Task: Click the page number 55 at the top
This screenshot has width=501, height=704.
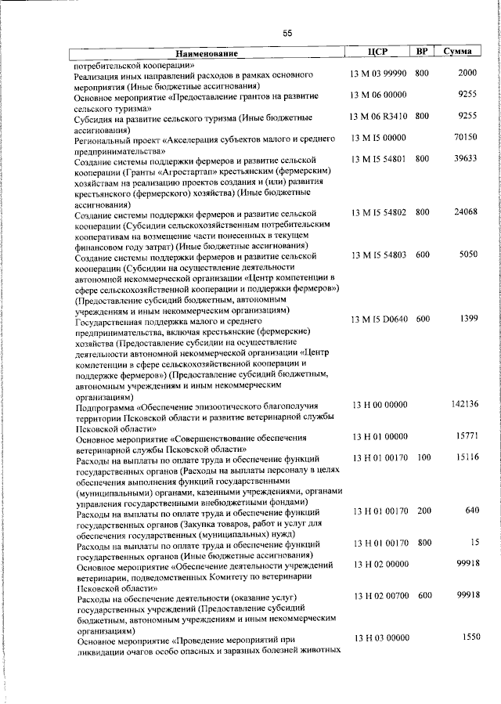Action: point(287,32)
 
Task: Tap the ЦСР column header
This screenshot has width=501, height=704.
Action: point(378,52)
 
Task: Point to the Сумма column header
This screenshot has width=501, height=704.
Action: point(456,52)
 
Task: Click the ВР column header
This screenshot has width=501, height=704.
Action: point(422,52)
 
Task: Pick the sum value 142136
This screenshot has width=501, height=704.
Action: point(463,403)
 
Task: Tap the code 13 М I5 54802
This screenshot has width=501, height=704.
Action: point(379,212)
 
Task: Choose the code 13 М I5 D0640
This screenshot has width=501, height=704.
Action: point(379,319)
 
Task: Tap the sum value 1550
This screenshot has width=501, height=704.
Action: point(468,638)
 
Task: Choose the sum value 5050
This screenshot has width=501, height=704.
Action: point(467,255)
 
